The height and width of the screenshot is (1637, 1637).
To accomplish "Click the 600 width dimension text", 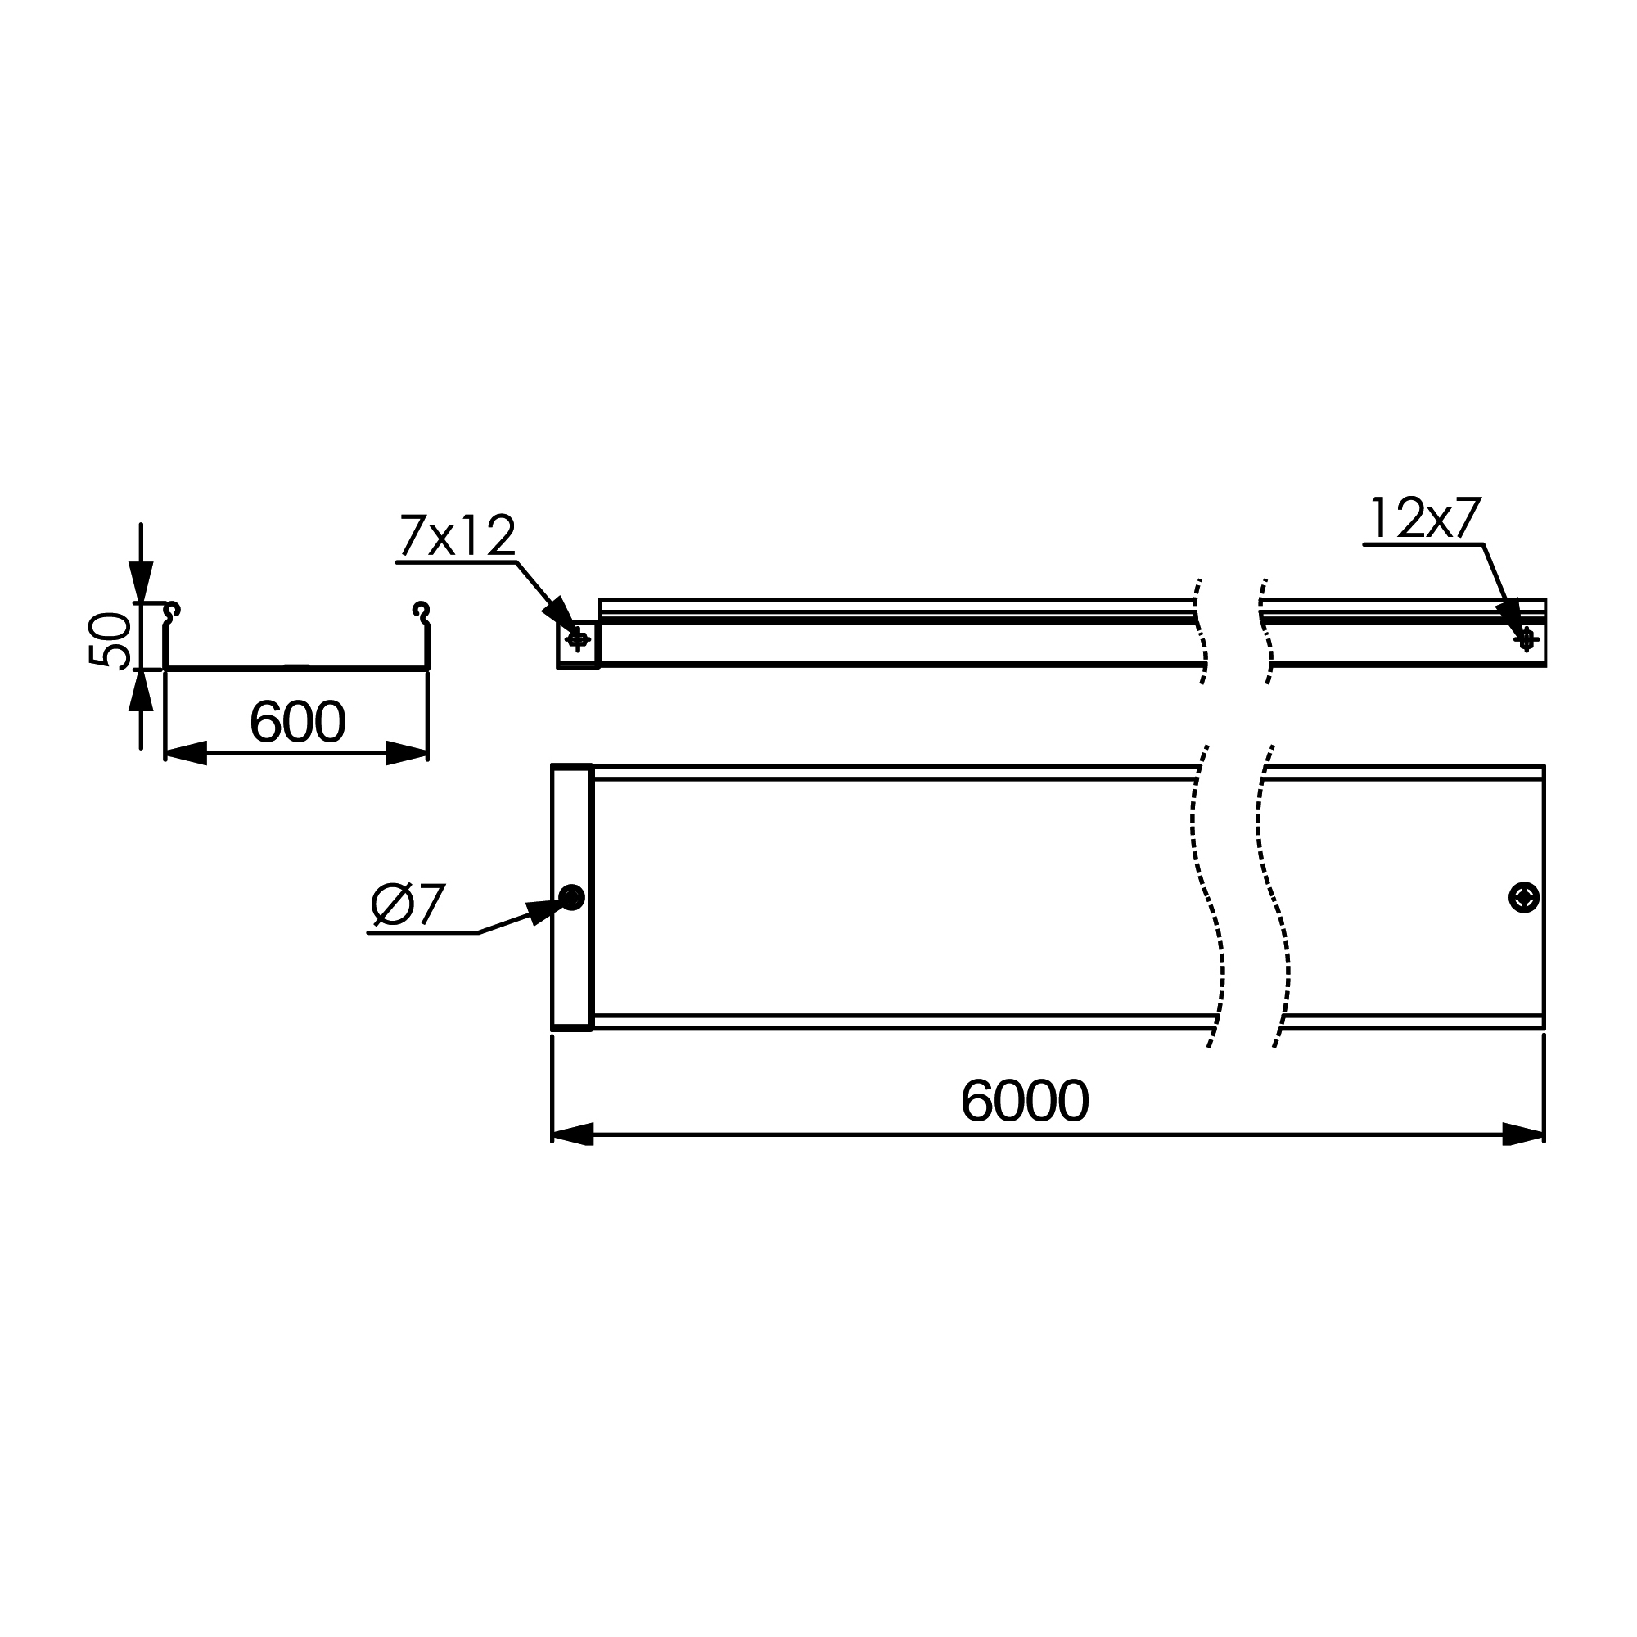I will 297,722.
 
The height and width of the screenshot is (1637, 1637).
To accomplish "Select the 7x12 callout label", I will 457,536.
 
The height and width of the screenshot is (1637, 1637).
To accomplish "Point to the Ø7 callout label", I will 408,905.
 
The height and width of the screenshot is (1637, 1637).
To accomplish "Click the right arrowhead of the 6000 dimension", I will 1522,1134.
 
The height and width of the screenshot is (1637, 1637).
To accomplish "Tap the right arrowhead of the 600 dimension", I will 406,752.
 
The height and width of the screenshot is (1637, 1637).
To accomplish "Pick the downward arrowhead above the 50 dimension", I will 141,582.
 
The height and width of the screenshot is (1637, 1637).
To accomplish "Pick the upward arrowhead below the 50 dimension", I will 141,690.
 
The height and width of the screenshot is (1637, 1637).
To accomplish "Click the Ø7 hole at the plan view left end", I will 573,896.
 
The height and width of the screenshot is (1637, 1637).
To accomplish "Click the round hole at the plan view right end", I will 1523,897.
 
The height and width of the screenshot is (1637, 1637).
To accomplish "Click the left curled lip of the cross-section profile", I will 172,611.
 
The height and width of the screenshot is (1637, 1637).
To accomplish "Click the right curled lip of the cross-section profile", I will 421,611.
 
